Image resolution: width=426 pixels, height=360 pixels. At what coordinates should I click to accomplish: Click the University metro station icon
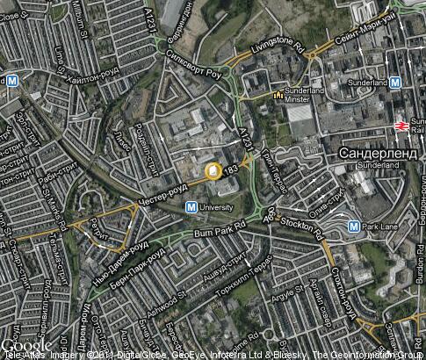[191, 207]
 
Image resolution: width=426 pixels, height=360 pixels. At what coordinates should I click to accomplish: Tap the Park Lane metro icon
[353, 226]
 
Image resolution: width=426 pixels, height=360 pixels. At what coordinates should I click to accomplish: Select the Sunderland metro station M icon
[396, 83]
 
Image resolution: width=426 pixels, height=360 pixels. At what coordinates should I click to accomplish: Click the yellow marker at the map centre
[213, 169]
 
